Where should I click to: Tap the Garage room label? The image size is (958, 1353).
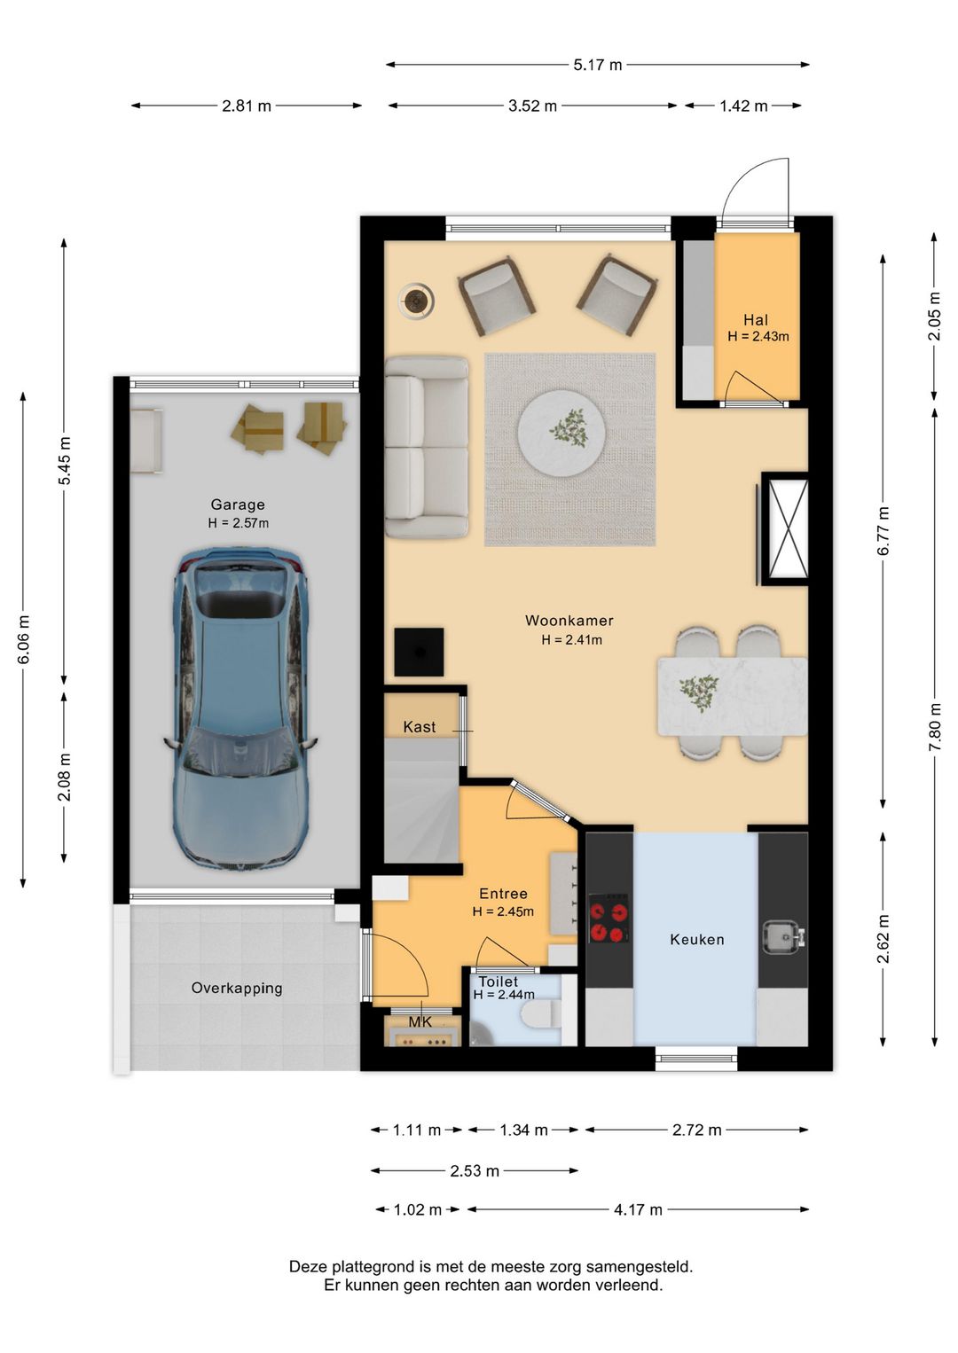238,504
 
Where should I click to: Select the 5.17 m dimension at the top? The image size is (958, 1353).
597,65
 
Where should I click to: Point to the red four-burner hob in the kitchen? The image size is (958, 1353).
608,919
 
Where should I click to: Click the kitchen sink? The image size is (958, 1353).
784,937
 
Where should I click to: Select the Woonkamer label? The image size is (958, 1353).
569,621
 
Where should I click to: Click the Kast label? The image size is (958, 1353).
419,727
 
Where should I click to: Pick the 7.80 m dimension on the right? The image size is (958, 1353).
935,727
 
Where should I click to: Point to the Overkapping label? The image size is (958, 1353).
237,989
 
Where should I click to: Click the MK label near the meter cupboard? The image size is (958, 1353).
420,1021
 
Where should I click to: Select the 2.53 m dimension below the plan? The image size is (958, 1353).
475,1170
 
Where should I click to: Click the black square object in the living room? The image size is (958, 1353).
419,652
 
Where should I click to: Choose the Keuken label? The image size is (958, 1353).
697,939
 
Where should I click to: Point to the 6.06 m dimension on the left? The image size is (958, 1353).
24,639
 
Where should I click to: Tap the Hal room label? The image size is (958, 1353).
756,319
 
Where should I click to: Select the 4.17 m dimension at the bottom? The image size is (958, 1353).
638,1209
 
